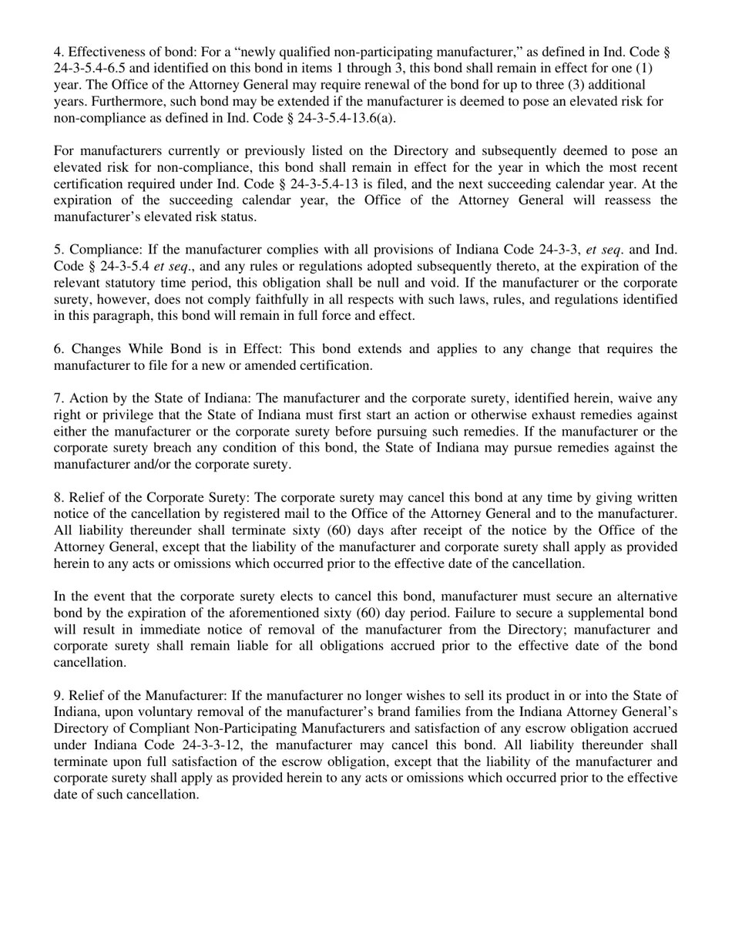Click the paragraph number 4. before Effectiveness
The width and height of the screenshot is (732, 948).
[59, 52]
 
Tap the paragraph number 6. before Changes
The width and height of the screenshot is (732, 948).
[59, 349]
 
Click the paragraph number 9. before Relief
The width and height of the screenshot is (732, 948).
[59, 695]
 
